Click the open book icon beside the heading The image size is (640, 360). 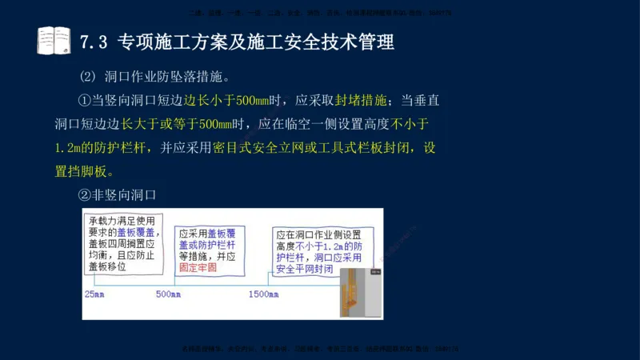pyautogui.click(x=54, y=41)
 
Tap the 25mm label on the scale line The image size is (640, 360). pyautogui.click(x=94, y=294)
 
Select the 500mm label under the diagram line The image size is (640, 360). pyautogui.click(x=170, y=294)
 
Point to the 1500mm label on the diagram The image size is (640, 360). pyautogui.click(x=264, y=294)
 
